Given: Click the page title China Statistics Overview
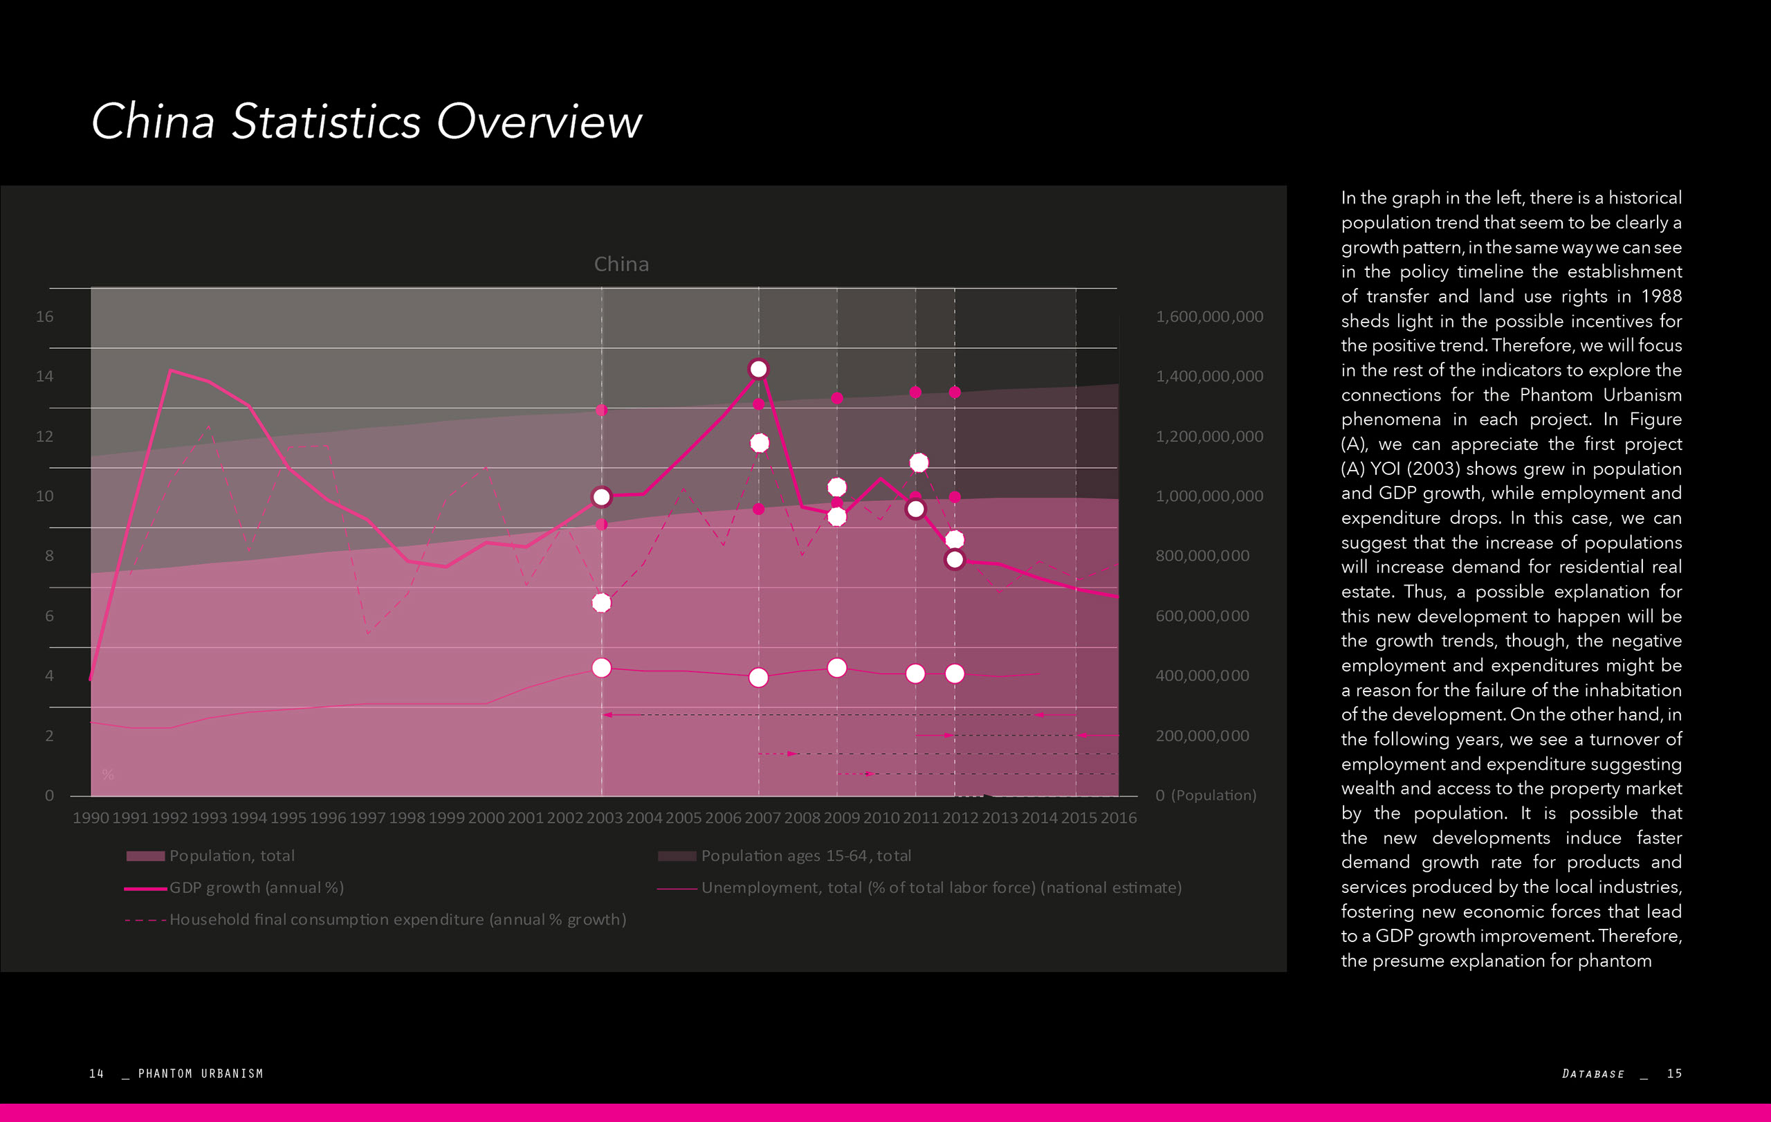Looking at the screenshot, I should point(366,121).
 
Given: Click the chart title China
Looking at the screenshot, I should point(621,264).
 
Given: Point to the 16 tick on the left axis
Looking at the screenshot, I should point(45,316).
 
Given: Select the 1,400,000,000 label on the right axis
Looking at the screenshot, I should point(1209,376).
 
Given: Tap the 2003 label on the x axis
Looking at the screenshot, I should point(604,817).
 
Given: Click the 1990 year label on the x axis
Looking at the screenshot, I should point(91,817).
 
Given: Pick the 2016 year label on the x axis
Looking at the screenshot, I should point(1118,817).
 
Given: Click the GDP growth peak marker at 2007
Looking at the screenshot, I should point(758,369).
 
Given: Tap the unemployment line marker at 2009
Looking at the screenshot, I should point(837,667).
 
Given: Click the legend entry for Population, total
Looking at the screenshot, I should point(231,856).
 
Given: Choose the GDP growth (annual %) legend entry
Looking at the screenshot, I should point(256,888).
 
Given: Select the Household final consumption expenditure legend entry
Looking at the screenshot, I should point(397,920).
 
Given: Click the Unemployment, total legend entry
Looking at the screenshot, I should point(941,888).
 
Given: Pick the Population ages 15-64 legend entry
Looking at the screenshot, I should point(805,856).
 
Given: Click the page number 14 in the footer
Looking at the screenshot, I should point(96,1074).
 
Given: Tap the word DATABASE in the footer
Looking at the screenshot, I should point(1593,1074).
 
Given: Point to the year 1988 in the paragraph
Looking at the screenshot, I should point(1661,296).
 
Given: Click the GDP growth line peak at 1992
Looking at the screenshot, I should point(171,371).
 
